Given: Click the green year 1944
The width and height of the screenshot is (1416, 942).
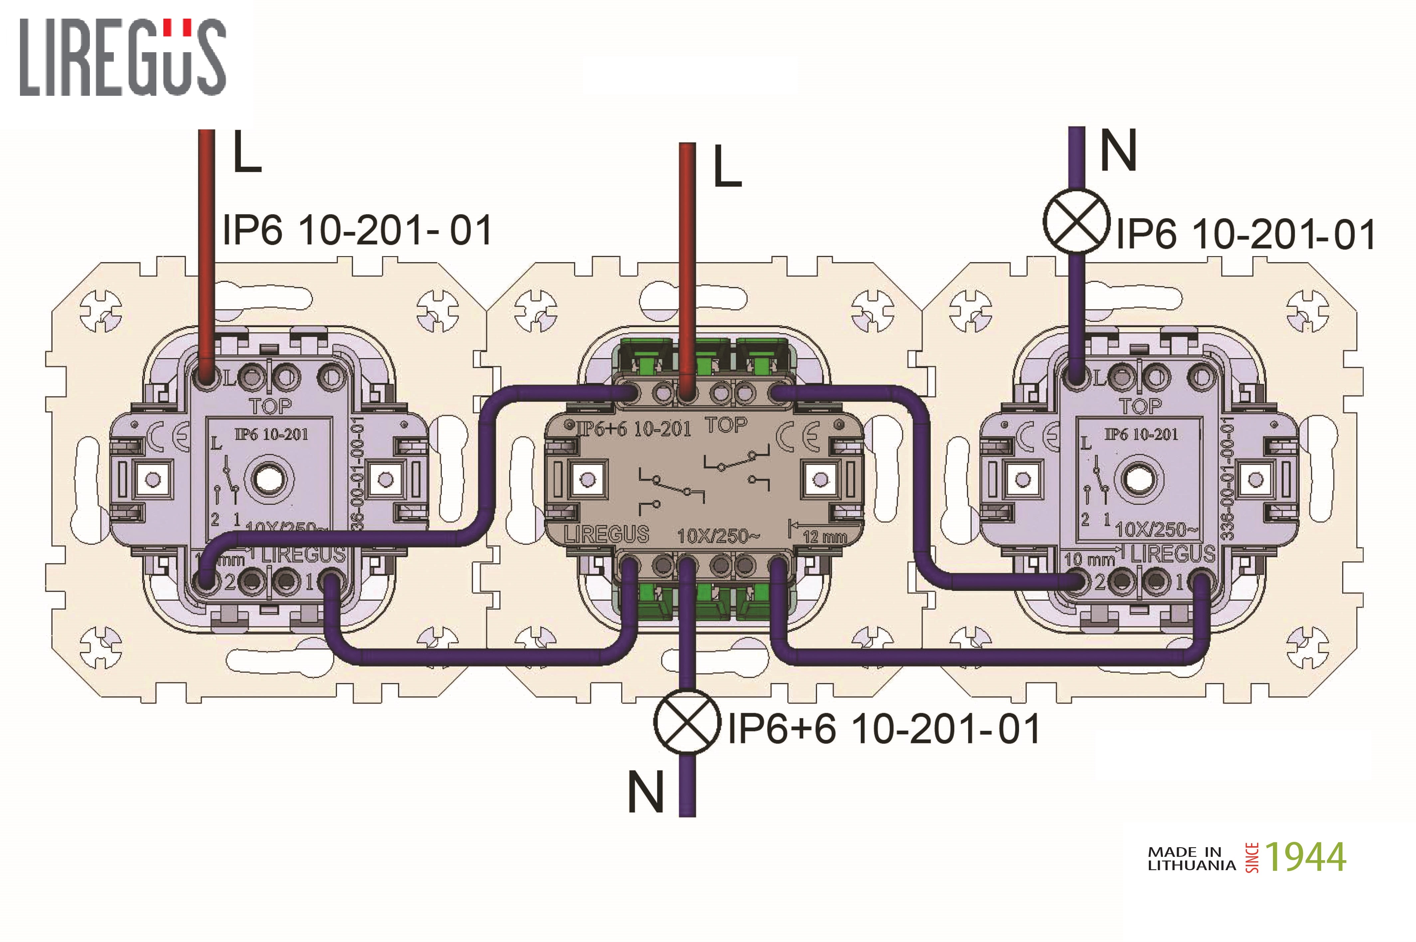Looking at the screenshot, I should coord(1305,857).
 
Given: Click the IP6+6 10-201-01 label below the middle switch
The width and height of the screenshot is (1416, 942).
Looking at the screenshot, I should coord(884,729).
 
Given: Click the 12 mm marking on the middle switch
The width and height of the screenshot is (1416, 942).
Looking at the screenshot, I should coord(824,536).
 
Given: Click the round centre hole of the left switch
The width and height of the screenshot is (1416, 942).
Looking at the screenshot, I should coord(265,479).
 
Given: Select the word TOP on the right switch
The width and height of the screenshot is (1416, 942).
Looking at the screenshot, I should coord(1141,407).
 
